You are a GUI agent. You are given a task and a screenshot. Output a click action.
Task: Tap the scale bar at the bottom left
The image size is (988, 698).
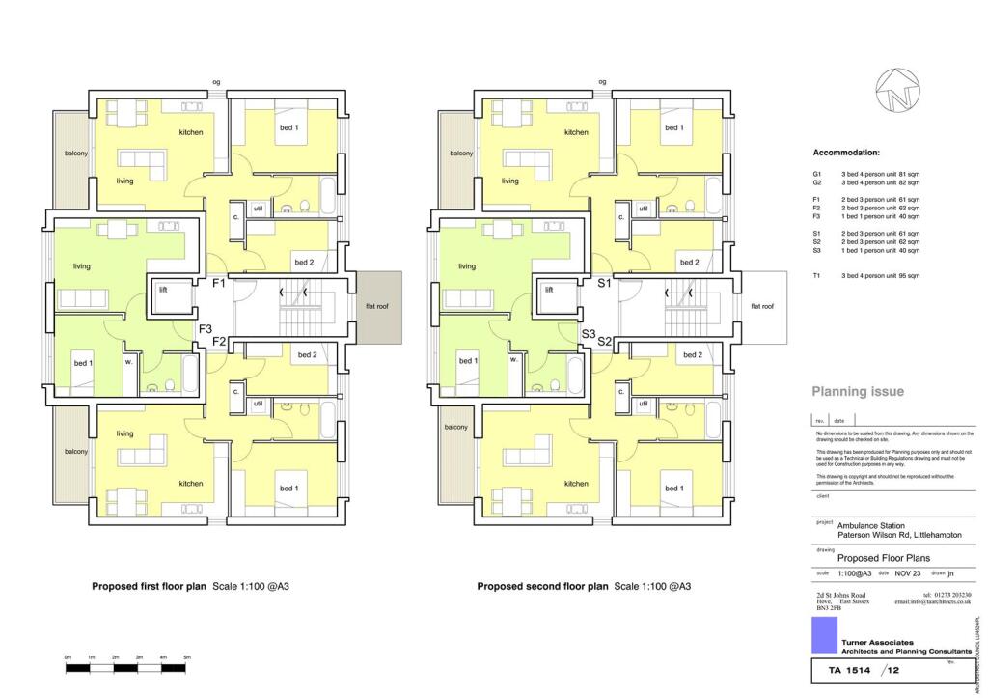pos(126,667)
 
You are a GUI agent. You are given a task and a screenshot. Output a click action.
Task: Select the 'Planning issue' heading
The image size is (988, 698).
pos(858,392)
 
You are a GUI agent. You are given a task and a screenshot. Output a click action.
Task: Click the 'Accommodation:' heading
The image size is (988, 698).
pos(846,154)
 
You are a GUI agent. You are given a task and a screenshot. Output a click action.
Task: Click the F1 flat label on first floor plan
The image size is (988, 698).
pos(219,283)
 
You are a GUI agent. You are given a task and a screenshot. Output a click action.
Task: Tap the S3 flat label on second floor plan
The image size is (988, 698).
pos(589,333)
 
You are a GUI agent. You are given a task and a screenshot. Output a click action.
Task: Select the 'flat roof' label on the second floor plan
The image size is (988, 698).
pos(762,306)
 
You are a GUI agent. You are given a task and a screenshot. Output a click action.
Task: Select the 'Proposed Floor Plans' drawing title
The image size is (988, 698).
pos(878,558)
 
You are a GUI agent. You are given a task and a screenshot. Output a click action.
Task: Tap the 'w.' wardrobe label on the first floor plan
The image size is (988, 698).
pos(127,362)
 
